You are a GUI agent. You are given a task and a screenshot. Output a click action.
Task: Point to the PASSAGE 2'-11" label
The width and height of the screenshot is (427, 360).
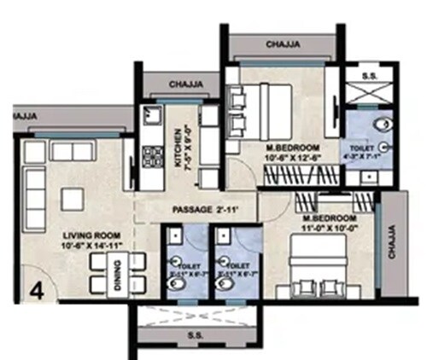click(x=202, y=209)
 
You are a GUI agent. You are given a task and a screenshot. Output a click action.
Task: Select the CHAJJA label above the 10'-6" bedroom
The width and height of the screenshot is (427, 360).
click(x=281, y=43)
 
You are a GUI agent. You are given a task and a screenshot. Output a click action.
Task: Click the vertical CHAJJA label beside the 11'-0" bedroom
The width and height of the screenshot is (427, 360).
click(x=392, y=242)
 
